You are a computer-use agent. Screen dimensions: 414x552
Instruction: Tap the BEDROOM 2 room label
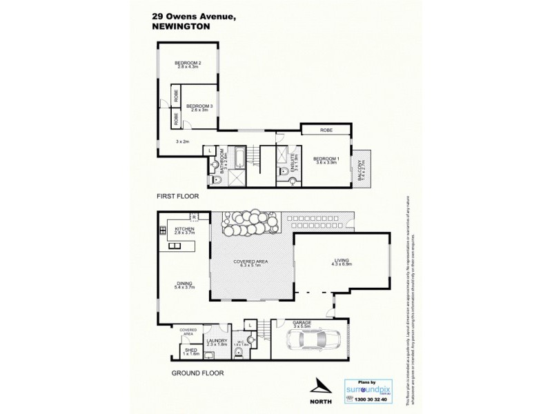(x=188, y=64)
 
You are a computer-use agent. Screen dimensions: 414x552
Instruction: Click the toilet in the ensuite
(x=292, y=182)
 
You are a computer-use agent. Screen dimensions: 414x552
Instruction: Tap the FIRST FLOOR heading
(x=178, y=197)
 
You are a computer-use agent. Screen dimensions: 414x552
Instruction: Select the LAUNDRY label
(x=217, y=340)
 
